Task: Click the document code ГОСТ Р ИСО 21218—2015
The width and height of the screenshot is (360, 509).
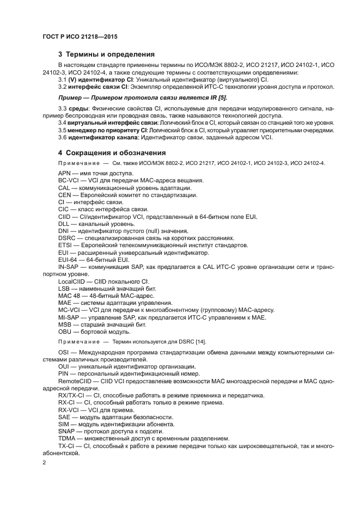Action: click(x=80, y=37)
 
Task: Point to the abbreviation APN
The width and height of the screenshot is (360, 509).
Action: click(x=65, y=173)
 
